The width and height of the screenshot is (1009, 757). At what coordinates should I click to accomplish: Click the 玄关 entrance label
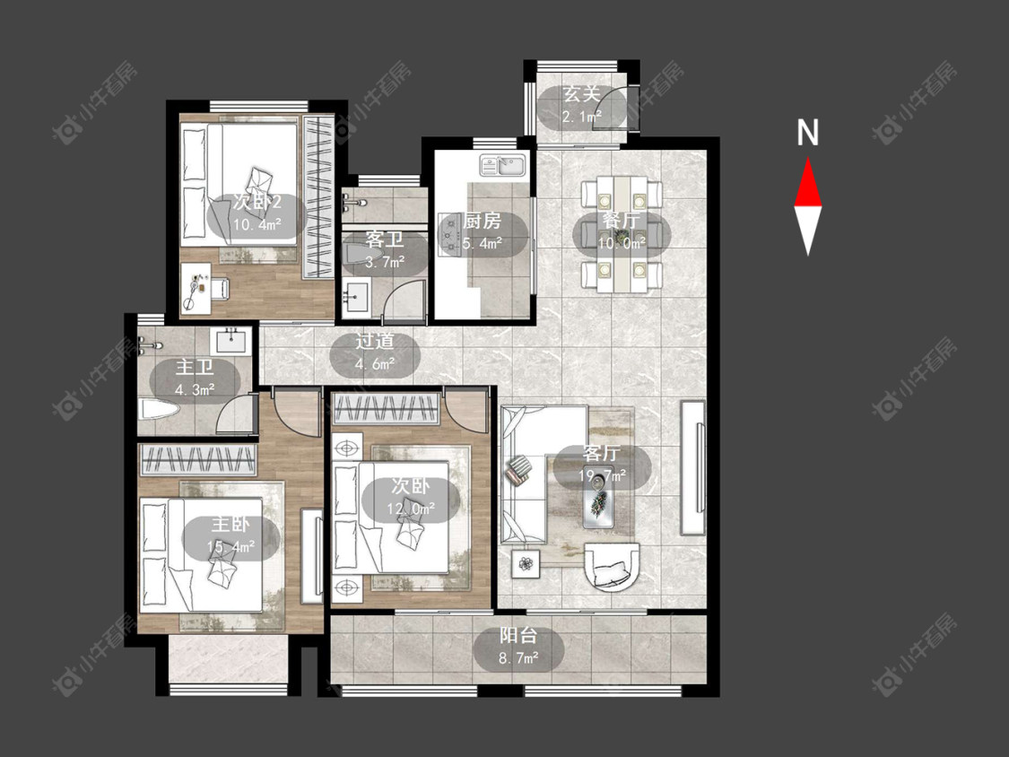[x=582, y=95]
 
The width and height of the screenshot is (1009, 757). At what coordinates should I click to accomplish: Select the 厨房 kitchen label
[x=482, y=222]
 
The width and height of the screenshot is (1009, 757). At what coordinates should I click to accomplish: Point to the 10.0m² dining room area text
[x=622, y=243]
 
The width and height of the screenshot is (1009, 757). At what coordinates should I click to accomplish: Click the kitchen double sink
[x=502, y=165]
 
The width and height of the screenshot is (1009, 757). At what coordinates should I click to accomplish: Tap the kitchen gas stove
[x=450, y=234]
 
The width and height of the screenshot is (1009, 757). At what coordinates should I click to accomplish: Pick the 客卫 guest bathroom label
[x=384, y=240]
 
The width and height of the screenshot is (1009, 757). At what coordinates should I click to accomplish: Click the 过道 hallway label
[x=375, y=341]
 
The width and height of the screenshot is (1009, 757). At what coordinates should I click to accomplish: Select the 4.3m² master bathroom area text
[x=195, y=389]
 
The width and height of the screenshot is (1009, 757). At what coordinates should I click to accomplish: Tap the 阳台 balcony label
[x=518, y=636]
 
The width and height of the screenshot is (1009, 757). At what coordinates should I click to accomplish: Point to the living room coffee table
[x=599, y=500]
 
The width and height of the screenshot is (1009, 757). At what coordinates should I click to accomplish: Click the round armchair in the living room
[x=612, y=567]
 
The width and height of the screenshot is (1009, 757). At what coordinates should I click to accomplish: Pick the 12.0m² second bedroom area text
[x=411, y=508]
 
